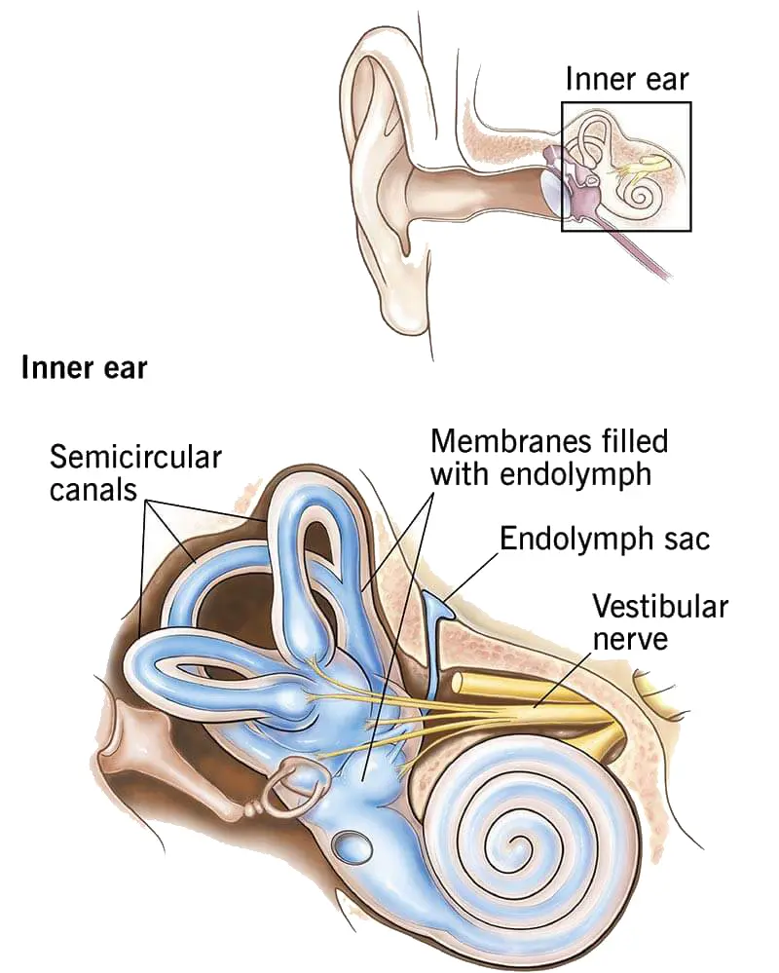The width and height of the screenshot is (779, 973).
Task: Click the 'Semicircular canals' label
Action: pyautogui.click(x=135, y=471)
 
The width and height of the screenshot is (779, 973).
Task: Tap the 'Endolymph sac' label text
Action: pyautogui.click(x=605, y=539)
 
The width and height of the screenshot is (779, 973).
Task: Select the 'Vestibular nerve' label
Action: pyautogui.click(x=660, y=623)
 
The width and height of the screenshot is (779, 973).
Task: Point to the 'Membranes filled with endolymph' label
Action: pyautogui.click(x=549, y=457)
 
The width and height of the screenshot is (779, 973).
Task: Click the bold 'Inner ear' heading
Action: pyautogui.click(x=83, y=368)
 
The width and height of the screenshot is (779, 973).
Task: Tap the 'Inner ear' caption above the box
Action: pyautogui.click(x=627, y=80)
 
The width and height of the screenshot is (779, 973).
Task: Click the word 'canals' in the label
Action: pyautogui.click(x=93, y=488)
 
